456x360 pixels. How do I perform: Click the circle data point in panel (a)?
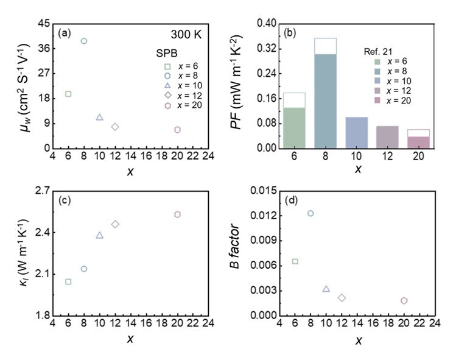(84, 41)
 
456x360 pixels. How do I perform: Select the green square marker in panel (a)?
(68, 94)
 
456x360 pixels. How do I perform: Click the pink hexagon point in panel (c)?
(177, 214)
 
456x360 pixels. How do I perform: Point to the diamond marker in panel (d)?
(342, 298)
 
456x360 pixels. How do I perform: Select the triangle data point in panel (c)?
(99, 235)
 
